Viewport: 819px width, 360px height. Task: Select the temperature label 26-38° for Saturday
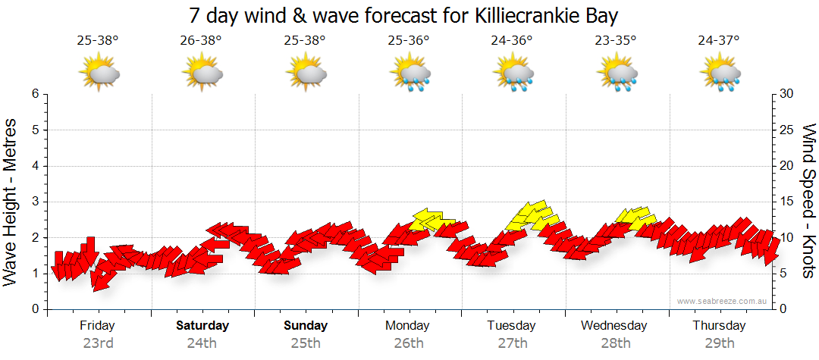(x=201, y=41)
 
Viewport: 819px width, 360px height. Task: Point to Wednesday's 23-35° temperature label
(x=615, y=41)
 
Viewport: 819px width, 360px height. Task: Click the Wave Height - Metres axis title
(x=12, y=202)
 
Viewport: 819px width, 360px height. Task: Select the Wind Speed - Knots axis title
(x=808, y=202)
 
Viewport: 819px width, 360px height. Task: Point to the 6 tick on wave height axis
(x=35, y=94)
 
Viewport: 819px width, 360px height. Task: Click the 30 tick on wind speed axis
(x=787, y=94)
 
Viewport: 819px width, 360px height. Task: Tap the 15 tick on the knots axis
(x=787, y=202)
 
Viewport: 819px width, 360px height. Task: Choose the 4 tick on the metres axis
(x=35, y=166)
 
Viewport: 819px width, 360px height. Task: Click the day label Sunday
(x=306, y=326)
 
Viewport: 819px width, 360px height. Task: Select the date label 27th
(x=513, y=343)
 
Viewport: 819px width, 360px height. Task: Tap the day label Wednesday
(x=614, y=326)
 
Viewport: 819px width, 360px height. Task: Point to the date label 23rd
(x=98, y=343)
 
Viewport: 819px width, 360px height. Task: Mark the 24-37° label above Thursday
(x=719, y=41)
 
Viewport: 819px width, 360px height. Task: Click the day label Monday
(x=409, y=326)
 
